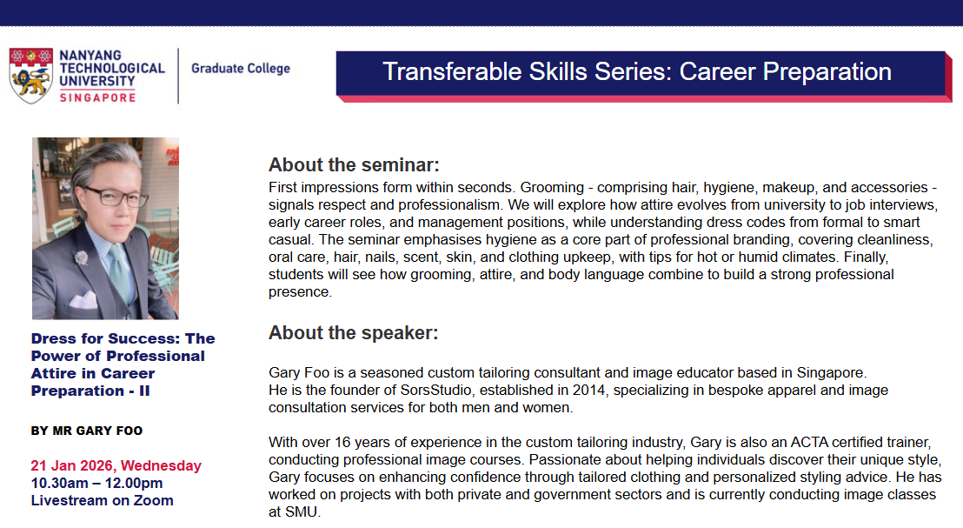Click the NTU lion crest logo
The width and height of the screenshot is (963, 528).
(30, 75)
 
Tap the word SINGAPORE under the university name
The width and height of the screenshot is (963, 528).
(97, 97)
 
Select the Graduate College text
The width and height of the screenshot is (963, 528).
(241, 68)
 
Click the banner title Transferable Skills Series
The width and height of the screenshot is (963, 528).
(526, 72)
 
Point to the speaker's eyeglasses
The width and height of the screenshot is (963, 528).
(116, 197)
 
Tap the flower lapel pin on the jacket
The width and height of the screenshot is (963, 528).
(81, 257)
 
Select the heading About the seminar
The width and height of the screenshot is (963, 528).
(354, 164)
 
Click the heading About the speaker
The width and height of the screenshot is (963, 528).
(353, 332)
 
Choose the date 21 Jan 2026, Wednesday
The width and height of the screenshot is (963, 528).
(116, 465)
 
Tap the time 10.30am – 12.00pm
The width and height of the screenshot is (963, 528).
(97, 483)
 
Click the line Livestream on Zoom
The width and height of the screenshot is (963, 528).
(102, 500)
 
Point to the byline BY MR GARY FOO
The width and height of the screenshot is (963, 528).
(87, 431)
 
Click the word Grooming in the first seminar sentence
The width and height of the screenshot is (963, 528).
(552, 188)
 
